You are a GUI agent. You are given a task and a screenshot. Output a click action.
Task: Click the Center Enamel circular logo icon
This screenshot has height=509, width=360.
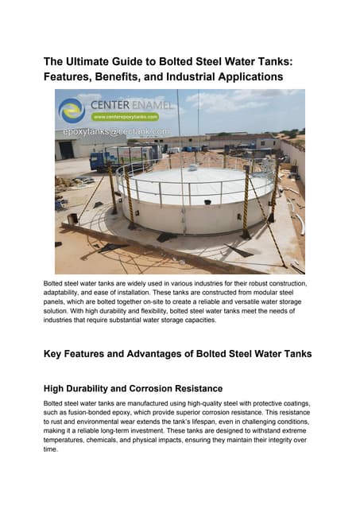[x=72, y=110]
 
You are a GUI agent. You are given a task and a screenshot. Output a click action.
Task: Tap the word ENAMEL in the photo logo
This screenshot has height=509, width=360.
[x=150, y=103]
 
